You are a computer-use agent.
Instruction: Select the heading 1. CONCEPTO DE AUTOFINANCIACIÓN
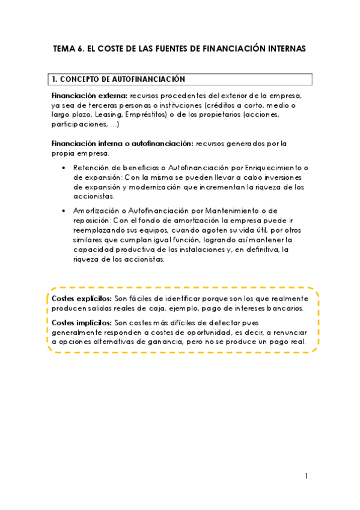click(x=118, y=79)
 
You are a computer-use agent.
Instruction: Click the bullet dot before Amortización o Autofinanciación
click(x=64, y=210)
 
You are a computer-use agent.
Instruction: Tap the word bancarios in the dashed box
click(x=283, y=308)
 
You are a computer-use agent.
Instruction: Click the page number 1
click(x=305, y=476)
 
